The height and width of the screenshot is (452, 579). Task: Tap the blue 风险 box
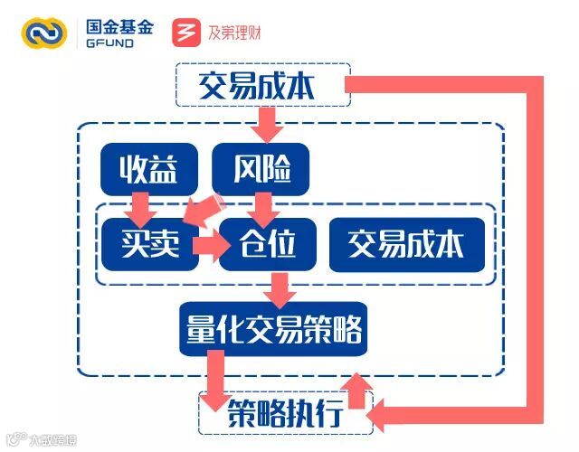pos(260,166)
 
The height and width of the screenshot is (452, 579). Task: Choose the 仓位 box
pos(268,243)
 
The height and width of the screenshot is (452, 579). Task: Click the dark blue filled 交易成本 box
pos(405,243)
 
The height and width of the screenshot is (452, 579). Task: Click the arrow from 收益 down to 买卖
pos(141,206)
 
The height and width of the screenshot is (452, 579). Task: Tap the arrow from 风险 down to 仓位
pos(263,207)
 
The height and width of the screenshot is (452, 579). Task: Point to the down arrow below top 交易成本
pos(267,121)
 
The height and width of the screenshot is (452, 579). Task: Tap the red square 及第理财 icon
pos(185,33)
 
